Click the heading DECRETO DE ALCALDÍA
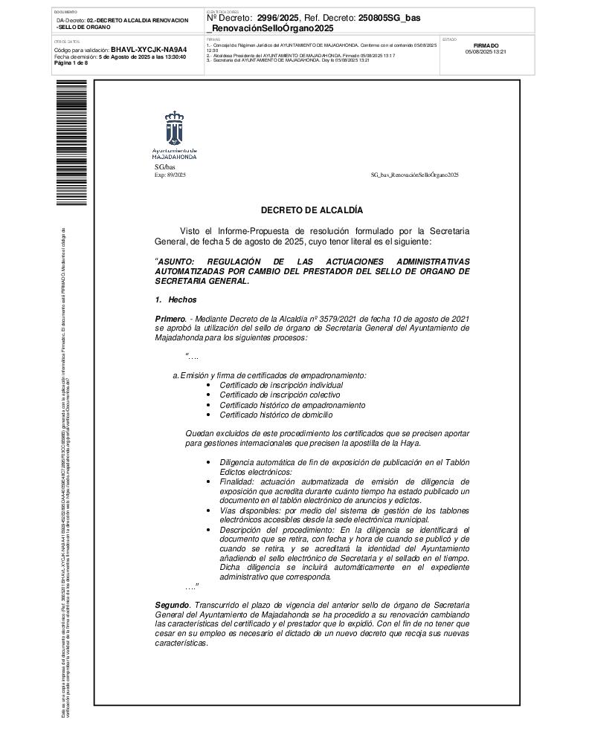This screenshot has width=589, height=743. click(312, 211)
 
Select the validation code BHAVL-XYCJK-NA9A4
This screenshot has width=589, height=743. click(149, 49)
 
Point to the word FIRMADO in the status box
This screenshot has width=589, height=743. click(486, 46)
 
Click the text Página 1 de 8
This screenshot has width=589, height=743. click(71, 62)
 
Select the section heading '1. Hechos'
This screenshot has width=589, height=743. click(176, 299)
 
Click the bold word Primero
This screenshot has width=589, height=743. click(170, 318)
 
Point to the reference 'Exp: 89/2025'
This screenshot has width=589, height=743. click(170, 174)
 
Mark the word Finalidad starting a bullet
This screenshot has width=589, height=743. click(236, 482)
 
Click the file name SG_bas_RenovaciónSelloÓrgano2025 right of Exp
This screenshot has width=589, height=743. click(414, 174)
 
